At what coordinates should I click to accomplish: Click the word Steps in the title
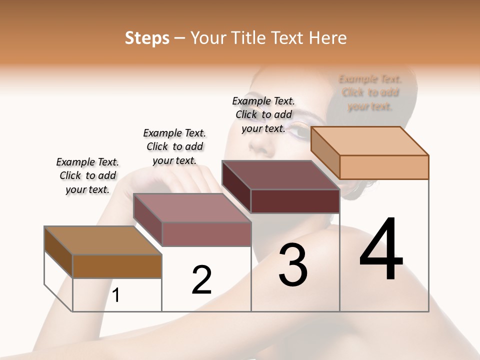coord(147,38)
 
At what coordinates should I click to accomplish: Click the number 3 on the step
coord(293,264)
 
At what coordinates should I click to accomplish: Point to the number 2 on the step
coord(201,280)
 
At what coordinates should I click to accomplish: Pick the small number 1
coord(116,295)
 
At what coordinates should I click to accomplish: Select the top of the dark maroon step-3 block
coord(280,175)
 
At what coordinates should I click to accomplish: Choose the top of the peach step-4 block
coord(370,140)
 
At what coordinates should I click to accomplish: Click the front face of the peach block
coord(384,167)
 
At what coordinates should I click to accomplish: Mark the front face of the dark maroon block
coord(295,201)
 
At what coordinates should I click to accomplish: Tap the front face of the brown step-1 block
coord(117,266)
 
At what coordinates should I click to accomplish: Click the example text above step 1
coord(87,176)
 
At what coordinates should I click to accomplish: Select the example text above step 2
coord(174,146)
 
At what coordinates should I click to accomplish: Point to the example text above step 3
coord(263,114)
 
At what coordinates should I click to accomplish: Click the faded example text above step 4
coord(370,92)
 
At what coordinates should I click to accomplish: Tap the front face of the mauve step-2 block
coord(206,234)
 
